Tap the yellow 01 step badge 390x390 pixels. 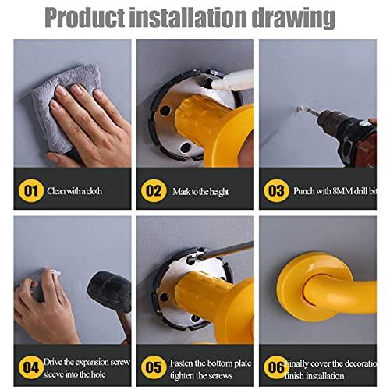pyautogui.click(x=30, y=190)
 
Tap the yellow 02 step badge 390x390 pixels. pyautogui.click(x=153, y=190)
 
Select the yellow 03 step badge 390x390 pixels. pyautogui.click(x=275, y=190)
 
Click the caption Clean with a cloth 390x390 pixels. pyautogui.click(x=74, y=190)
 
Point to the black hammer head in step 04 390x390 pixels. pyautogui.click(x=109, y=290)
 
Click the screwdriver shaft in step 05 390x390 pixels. pyautogui.click(x=226, y=251)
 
